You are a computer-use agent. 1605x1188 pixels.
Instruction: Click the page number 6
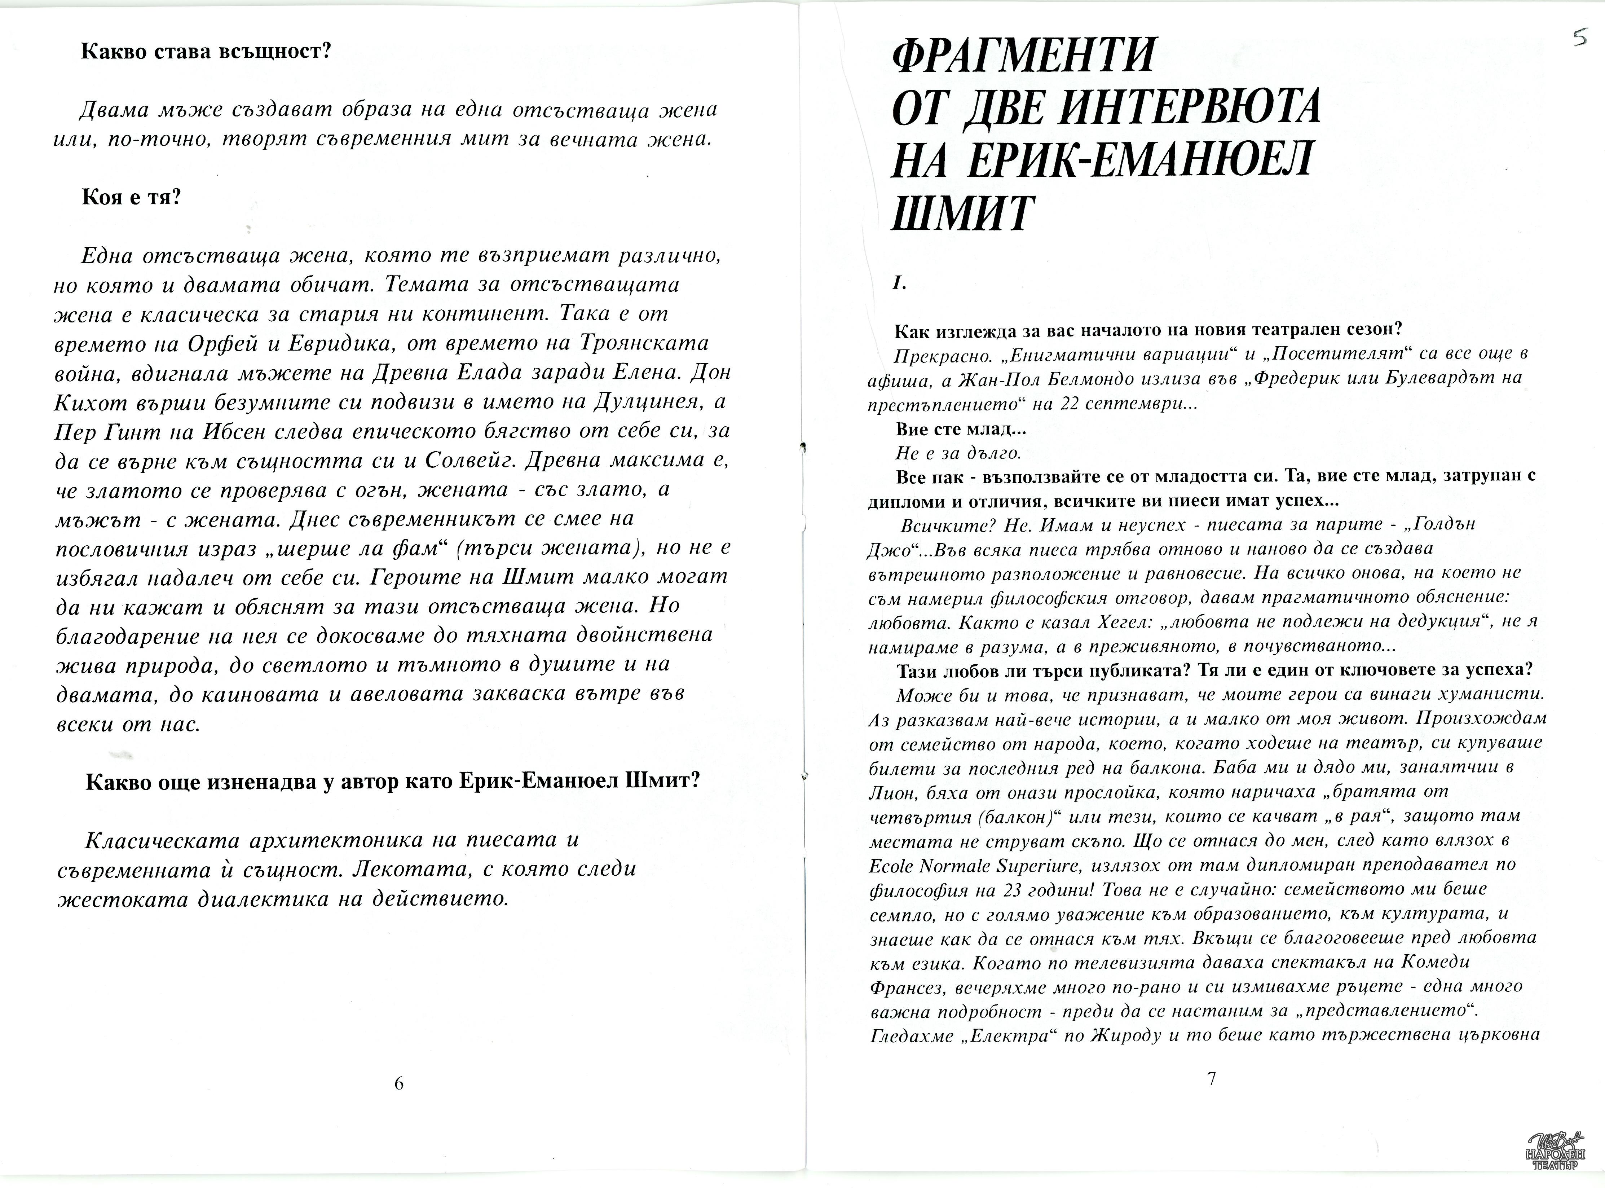pyautogui.click(x=399, y=1084)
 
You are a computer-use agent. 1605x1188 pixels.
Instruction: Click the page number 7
pyautogui.click(x=1211, y=1079)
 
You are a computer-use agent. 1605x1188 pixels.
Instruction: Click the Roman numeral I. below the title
pyautogui.click(x=898, y=283)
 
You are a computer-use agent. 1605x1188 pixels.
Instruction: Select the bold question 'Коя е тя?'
pyautogui.click(x=132, y=197)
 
